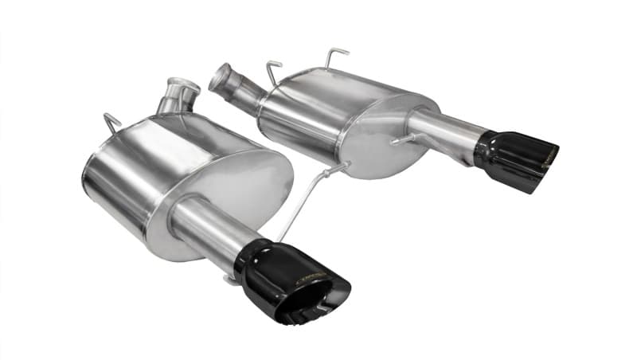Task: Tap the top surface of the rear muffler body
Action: click(x=350, y=84)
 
